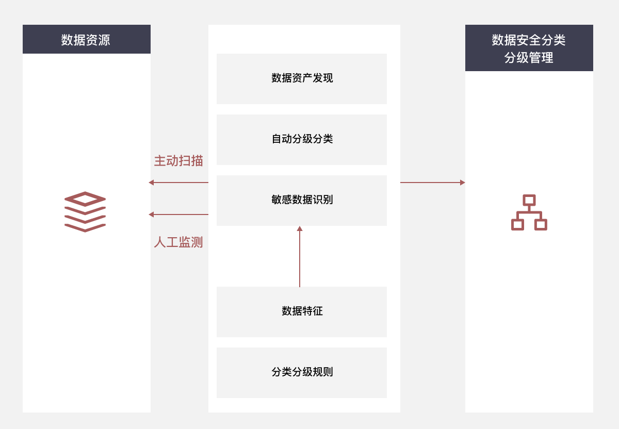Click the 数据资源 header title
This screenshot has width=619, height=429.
[86, 40]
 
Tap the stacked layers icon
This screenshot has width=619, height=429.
[85, 211]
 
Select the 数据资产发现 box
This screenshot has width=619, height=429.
[302, 79]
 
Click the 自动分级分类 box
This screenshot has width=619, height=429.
[302, 140]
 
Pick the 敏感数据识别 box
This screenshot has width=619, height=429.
[302, 201]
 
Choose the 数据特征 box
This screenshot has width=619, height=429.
[302, 312]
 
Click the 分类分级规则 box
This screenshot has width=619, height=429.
[302, 373]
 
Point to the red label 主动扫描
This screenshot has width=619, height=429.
[178, 160]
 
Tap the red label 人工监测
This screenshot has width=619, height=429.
[178, 242]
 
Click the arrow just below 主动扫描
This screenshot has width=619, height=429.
[178, 183]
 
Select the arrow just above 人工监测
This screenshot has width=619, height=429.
[178, 214]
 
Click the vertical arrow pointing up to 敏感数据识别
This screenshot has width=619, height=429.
[300, 256]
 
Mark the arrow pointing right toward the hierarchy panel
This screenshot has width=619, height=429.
[433, 183]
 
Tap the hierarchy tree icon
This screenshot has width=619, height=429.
[529, 212]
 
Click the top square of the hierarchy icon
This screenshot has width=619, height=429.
[529, 200]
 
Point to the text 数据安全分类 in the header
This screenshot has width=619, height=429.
[529, 40]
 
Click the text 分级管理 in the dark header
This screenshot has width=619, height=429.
[529, 57]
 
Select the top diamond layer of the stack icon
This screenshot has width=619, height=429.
[85, 199]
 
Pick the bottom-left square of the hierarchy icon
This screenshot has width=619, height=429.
[517, 225]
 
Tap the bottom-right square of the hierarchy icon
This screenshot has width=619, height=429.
[541, 225]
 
